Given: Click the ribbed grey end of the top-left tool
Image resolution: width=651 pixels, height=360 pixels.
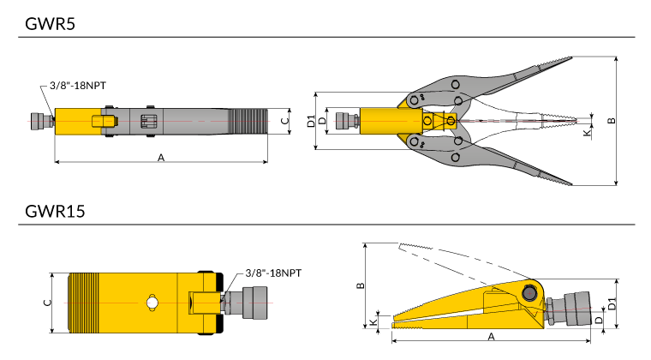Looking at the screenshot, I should pyautogui.click(x=248, y=122).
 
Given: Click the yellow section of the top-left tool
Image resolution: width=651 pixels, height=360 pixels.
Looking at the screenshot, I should pyautogui.click(x=75, y=122).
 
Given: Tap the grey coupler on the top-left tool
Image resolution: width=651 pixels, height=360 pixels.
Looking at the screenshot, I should pyautogui.click(x=40, y=121).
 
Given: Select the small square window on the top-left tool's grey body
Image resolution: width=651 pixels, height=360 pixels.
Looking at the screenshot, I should pyautogui.click(x=148, y=122).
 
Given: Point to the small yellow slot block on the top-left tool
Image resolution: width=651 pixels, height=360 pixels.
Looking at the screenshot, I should pyautogui.click(x=104, y=122).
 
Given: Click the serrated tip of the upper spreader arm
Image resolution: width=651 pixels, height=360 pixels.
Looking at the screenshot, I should pyautogui.click(x=561, y=62).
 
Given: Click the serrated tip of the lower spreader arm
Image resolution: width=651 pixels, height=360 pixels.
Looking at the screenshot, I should pyautogui.click(x=561, y=181).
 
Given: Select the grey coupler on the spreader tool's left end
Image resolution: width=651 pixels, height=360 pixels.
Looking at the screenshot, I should pyautogui.click(x=346, y=121).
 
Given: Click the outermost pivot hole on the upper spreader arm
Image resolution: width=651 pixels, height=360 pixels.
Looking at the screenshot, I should pyautogui.click(x=455, y=84).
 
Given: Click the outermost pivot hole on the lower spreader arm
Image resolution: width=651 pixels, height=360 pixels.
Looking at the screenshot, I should pyautogui.click(x=455, y=157).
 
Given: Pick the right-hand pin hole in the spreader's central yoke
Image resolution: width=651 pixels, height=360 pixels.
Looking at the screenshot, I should pyautogui.click(x=451, y=121).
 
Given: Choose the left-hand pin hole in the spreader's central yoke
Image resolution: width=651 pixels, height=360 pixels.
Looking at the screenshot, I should pyautogui.click(x=427, y=121).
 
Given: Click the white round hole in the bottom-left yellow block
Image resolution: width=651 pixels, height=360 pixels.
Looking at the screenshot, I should pyautogui.click(x=152, y=303).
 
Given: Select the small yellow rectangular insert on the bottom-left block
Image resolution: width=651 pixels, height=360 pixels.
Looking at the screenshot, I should pyautogui.click(x=205, y=303).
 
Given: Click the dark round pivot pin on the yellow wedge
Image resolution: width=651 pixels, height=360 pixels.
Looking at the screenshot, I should pyautogui.click(x=529, y=293).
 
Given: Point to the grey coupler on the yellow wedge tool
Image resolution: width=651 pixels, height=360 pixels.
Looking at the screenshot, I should pyautogui.click(x=571, y=309).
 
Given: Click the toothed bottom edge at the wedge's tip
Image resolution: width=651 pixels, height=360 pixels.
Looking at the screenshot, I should pyautogui.click(x=408, y=327).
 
